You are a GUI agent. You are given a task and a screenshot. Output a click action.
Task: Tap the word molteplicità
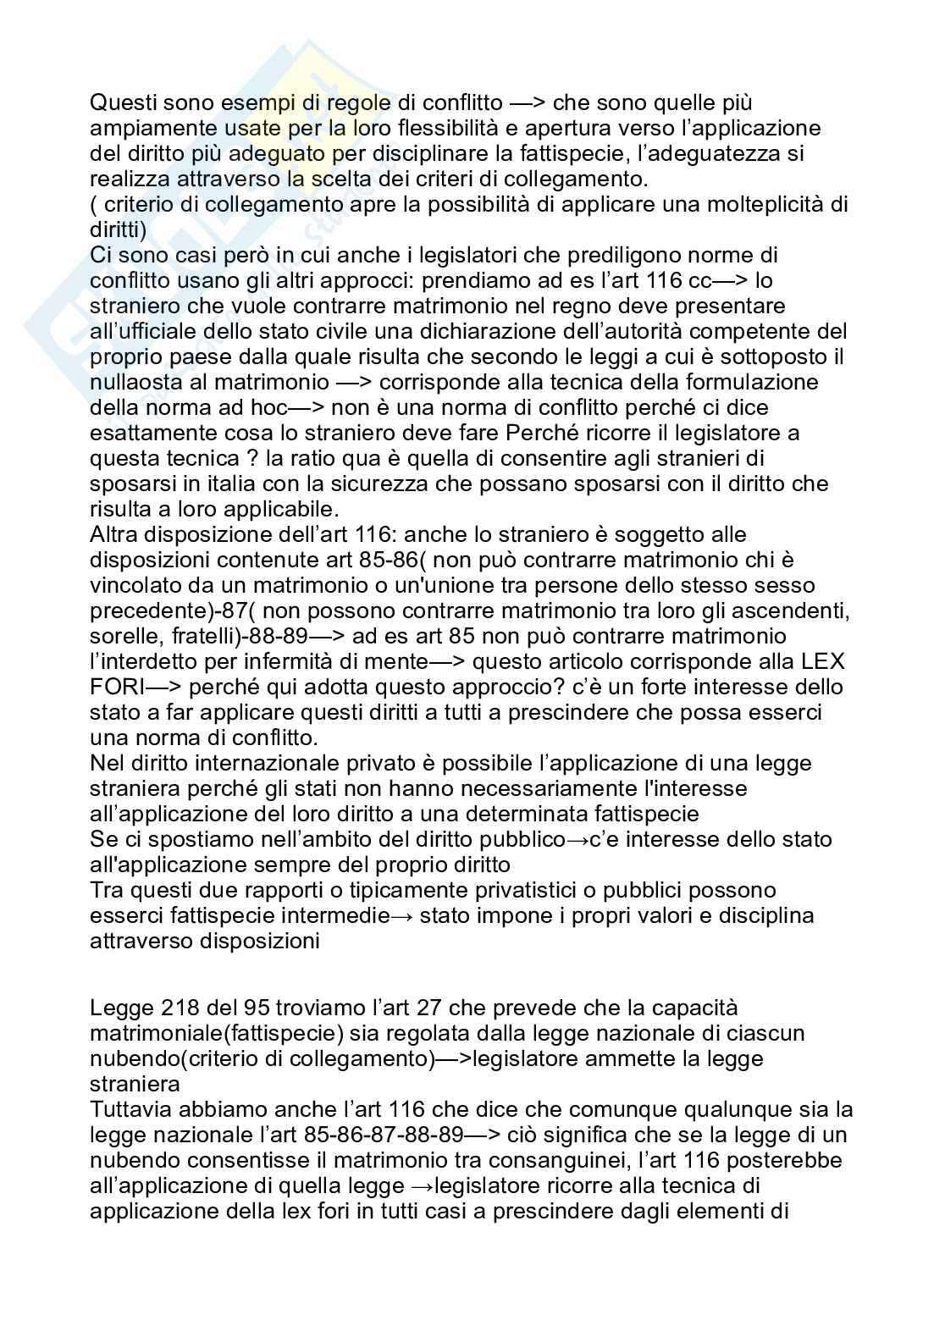pos(729,204)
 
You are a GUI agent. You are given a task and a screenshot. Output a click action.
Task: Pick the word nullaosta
pos(139,382)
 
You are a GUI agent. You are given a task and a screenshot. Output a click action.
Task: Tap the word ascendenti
pos(784,610)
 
